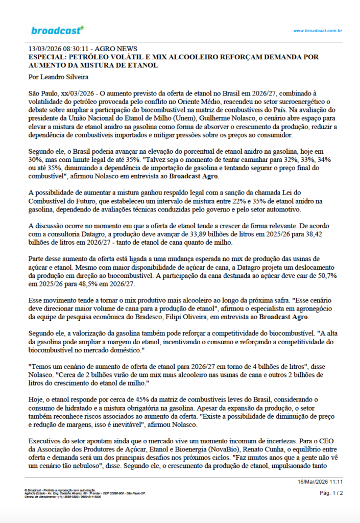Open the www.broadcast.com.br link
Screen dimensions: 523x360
click(317, 31)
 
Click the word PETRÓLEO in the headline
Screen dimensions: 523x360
click(91, 58)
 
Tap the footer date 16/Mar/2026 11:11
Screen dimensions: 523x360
click(320, 482)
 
